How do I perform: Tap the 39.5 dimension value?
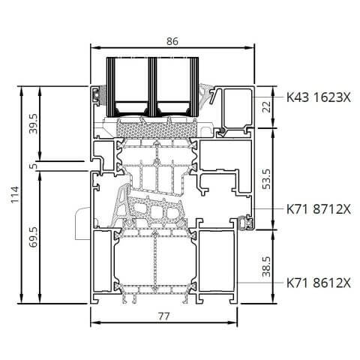tap(32, 123)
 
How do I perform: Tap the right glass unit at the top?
tap(175, 84)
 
